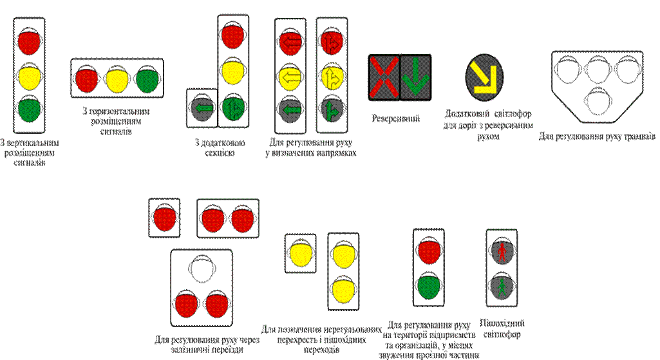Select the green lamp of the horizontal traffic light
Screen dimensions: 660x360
pos(147,80)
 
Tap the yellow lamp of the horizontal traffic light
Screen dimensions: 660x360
pos(117,80)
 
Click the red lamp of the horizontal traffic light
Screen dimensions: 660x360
pos(86,80)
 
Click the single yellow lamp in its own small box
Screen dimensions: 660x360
pos(300,252)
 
